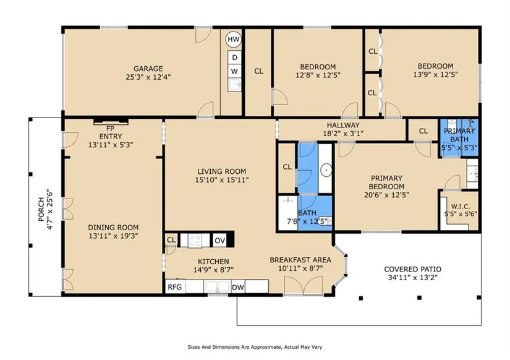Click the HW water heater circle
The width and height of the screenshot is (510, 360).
pos(233,40)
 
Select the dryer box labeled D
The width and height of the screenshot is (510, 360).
pos(234,58)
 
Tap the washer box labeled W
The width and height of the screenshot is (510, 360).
pos(234,71)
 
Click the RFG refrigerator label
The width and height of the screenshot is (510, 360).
pos(175,288)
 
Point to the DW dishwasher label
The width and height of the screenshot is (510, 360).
pos(238,288)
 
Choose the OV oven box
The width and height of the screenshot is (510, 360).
pos(220,241)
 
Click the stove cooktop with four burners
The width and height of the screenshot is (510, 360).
pos(195,241)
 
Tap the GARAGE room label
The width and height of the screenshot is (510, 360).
pos(148,69)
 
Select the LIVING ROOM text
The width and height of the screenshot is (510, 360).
pos(222,171)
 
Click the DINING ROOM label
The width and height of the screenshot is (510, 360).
pos(113,228)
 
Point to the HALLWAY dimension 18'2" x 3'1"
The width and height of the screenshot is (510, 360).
pos(343,134)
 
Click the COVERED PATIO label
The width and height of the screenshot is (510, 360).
pos(413,270)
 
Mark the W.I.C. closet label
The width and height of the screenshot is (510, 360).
pos(461,207)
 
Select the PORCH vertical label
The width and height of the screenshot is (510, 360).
pos(41,209)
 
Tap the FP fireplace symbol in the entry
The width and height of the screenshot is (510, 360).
pos(111,122)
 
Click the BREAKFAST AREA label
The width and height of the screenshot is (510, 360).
pos(300,260)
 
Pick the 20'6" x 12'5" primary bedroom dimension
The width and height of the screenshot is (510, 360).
pos(386,195)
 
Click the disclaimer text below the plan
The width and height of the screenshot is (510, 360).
pos(255,347)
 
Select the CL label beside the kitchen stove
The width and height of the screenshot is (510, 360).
pos(171,240)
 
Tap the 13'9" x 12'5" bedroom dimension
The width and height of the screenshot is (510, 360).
pos(436,75)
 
